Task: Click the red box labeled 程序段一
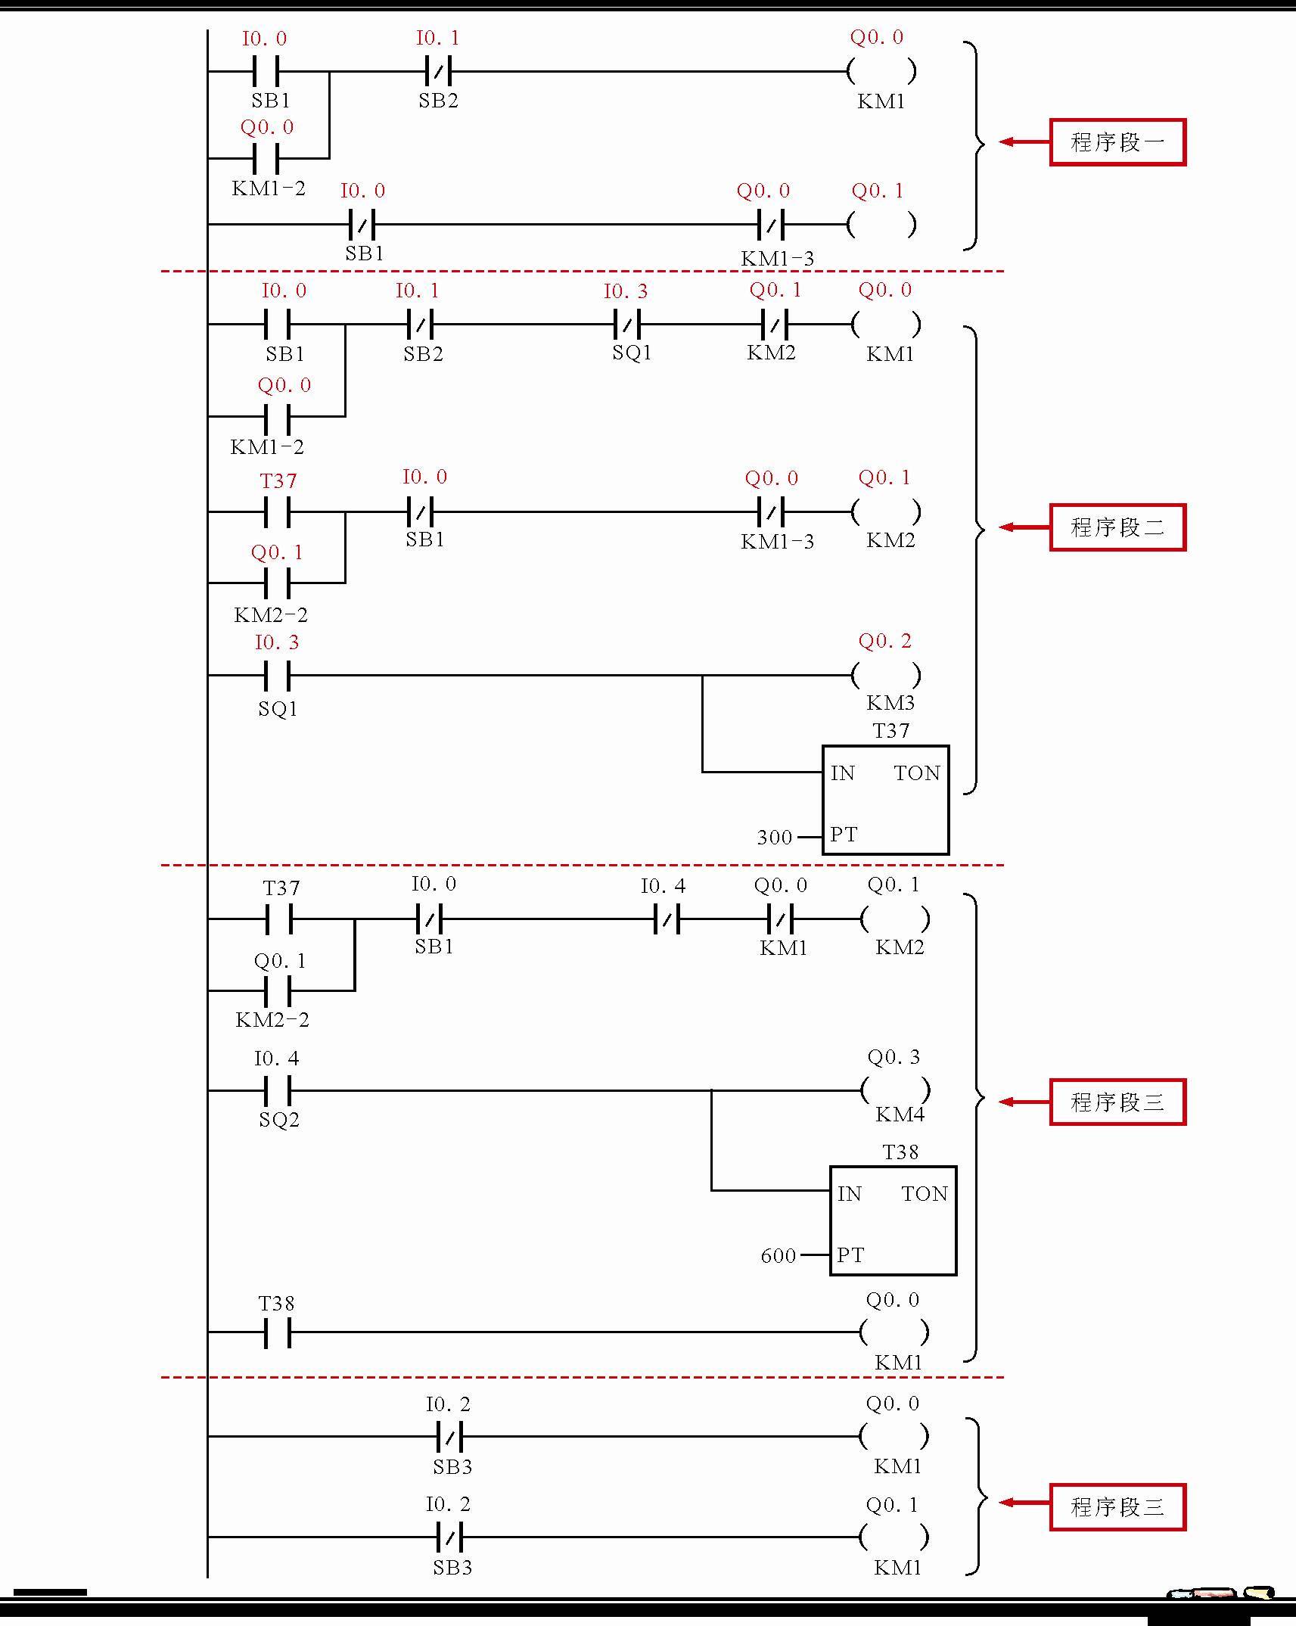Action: coord(1117,142)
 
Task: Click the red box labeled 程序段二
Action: coord(1117,527)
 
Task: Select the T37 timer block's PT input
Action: coord(844,835)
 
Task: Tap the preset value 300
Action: coord(775,837)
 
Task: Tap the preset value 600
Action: coord(779,1256)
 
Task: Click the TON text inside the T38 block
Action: coord(925,1194)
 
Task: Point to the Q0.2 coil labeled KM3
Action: coord(885,675)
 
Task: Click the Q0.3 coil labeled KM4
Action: coord(895,1090)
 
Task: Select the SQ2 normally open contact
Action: coord(278,1090)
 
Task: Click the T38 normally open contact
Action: coord(278,1332)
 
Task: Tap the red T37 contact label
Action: coord(278,481)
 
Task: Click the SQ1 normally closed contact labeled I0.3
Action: coord(626,325)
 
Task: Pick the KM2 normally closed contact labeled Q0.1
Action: coord(773,325)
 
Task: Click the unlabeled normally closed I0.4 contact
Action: coord(666,919)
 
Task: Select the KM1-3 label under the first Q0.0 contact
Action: coord(777,259)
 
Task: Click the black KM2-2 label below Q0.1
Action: coord(272,1020)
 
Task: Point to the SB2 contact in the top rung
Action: coord(438,72)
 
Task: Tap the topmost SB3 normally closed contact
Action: coord(449,1435)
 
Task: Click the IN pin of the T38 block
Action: coord(850,1194)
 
